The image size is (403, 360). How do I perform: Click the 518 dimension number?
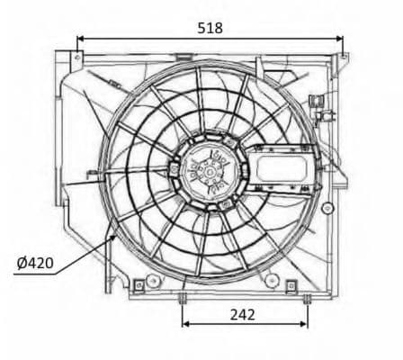click(x=210, y=27)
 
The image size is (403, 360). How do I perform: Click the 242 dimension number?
click(x=243, y=314)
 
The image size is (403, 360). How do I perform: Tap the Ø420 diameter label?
click(x=35, y=264)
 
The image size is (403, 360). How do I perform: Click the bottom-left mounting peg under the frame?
click(x=183, y=299)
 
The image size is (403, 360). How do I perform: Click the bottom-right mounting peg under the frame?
click(x=307, y=299)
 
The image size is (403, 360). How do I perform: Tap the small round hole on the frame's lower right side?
click(x=270, y=282)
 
